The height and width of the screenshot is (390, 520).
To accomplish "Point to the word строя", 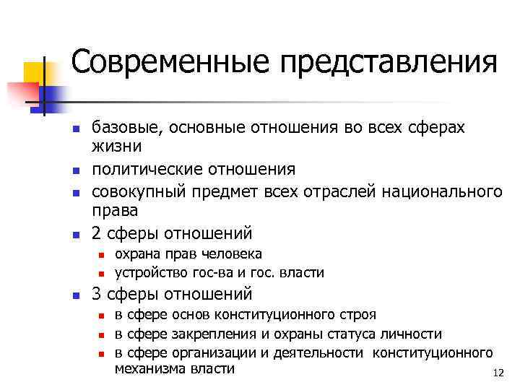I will tap(357, 315).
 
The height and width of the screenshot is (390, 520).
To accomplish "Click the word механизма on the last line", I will tap(148, 368).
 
